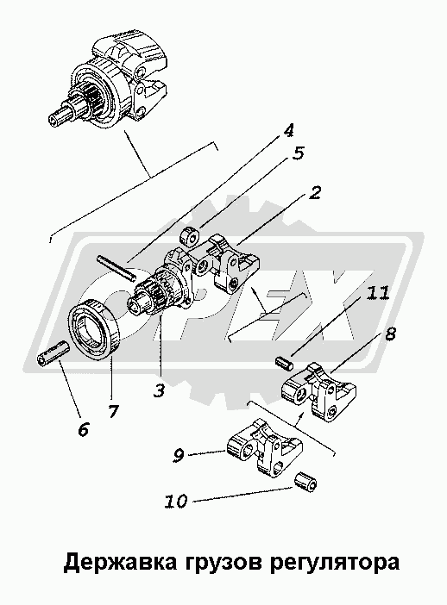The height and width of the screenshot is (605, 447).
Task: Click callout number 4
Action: click(x=288, y=130)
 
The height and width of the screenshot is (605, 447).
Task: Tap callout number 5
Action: click(x=298, y=153)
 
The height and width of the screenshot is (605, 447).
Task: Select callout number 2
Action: click(x=314, y=192)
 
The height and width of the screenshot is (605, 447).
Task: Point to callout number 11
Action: click(x=377, y=294)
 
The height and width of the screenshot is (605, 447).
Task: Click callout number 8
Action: click(x=389, y=334)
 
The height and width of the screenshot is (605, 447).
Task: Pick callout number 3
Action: click(x=159, y=391)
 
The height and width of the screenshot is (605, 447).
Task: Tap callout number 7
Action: click(x=113, y=411)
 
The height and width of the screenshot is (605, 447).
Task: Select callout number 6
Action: click(x=83, y=429)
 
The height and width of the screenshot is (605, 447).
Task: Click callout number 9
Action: click(x=178, y=456)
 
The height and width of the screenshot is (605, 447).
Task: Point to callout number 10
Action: click(x=176, y=502)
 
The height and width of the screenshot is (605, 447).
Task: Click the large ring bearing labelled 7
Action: click(x=95, y=329)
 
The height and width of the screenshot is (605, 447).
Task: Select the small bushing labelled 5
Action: click(x=190, y=236)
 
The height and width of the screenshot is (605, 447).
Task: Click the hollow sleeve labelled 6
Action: click(x=54, y=353)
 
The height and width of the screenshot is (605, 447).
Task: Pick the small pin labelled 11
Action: click(x=285, y=362)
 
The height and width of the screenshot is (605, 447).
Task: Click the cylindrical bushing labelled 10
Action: click(x=305, y=482)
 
